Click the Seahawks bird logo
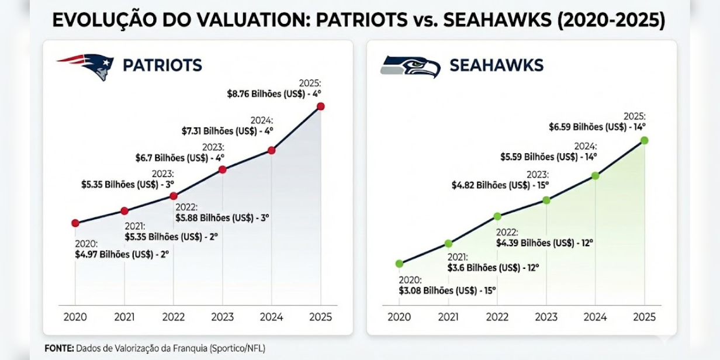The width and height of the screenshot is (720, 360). (410, 67)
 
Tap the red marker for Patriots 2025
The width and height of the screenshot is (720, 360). (320, 106)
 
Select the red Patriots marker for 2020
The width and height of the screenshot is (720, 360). (75, 223)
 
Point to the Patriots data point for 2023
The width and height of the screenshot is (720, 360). (222, 169)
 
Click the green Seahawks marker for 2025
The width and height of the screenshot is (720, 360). (645, 140)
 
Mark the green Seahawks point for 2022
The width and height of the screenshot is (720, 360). (497, 216)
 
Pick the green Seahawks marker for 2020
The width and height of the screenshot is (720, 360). (399, 264)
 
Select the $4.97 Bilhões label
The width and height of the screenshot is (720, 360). (122, 254)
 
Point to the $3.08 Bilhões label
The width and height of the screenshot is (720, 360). (447, 290)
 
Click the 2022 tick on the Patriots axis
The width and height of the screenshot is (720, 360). (173, 317)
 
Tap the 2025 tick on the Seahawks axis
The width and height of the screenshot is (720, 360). (645, 317)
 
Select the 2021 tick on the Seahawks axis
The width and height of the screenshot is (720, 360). (448, 317)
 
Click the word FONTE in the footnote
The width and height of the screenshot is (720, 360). (59, 348)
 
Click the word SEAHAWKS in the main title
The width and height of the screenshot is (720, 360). (499, 20)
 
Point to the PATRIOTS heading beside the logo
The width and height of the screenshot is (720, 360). (162, 65)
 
